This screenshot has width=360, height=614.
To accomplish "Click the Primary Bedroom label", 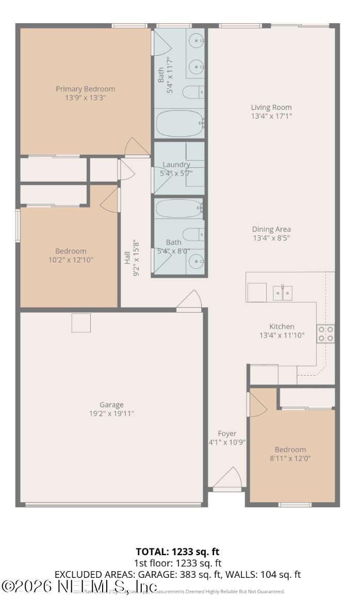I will (85, 89).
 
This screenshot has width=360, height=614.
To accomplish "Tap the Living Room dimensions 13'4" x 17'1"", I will (271, 116).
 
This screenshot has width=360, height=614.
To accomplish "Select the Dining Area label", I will (271, 229).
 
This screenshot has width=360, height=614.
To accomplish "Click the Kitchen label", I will (282, 326).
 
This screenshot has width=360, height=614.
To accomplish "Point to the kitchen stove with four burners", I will (325, 333).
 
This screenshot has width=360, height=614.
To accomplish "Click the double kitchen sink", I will (282, 293).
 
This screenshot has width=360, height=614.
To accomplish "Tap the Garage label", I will (111, 405).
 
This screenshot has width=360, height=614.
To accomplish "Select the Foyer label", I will (227, 433).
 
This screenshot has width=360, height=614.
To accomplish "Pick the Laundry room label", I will (176, 165).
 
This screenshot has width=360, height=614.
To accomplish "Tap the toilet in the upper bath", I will (194, 92).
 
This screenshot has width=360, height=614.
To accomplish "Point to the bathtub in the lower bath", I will (178, 209).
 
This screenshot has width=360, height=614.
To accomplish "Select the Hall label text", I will (127, 258).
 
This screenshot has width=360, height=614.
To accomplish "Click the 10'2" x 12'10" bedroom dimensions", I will (71, 260).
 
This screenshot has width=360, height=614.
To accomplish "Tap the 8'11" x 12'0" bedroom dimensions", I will (290, 458).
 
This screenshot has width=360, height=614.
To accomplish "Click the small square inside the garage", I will (81, 322).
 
